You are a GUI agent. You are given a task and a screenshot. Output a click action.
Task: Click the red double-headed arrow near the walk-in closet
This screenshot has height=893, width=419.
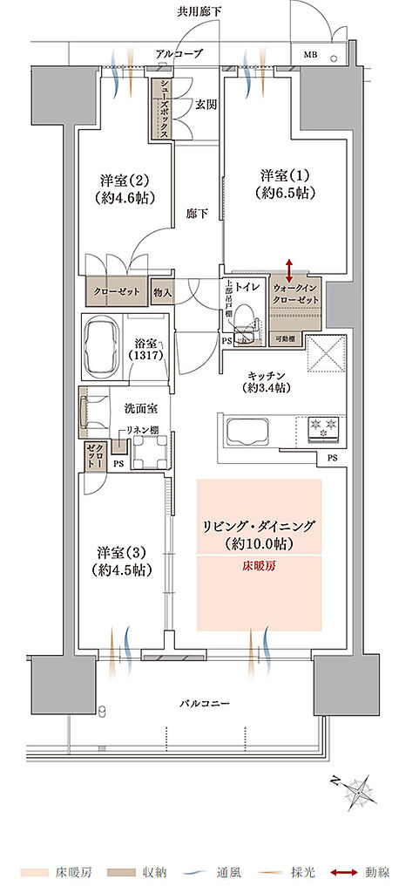click(x=288, y=269)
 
